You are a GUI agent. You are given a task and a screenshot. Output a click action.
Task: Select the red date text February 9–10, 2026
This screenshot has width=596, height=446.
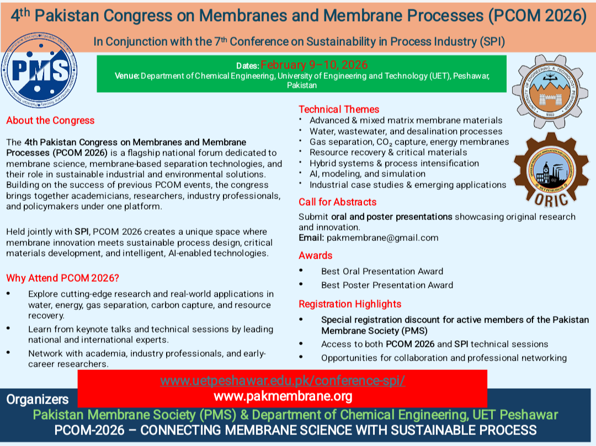click(x=314, y=65)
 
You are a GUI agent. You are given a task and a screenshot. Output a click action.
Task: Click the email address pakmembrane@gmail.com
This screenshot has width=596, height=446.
click(x=382, y=238)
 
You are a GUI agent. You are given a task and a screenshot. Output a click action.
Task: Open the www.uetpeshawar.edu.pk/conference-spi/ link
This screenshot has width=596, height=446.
click(x=283, y=381)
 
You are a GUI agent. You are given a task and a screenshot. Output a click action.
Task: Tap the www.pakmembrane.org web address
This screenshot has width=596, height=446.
click(x=283, y=396)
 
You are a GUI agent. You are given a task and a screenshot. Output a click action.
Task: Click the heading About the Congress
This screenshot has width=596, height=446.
click(x=50, y=120)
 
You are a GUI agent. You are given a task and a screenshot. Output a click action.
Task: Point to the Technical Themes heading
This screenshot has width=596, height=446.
click(x=339, y=109)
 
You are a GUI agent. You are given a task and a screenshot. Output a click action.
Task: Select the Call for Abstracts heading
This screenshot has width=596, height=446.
click(x=337, y=202)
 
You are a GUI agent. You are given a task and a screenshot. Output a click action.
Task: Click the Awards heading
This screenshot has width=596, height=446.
click(x=315, y=255)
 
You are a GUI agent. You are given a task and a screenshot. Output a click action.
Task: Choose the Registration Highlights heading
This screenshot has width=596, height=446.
click(x=350, y=304)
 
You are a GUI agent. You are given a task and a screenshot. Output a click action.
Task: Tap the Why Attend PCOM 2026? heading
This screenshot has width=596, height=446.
click(x=62, y=278)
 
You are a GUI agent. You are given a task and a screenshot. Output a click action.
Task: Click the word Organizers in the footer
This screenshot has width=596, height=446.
click(x=38, y=400)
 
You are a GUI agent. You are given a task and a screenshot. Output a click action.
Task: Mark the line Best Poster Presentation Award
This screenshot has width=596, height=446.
click(x=387, y=285)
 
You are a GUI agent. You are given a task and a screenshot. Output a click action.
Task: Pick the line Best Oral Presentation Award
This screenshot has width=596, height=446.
click(x=382, y=271)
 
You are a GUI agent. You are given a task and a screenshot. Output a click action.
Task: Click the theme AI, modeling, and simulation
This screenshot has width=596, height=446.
click(x=367, y=174)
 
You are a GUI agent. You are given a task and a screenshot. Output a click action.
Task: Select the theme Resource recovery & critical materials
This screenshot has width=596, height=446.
click(x=388, y=152)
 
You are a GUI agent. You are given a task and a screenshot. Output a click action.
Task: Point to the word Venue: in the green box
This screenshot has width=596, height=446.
click(x=127, y=76)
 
